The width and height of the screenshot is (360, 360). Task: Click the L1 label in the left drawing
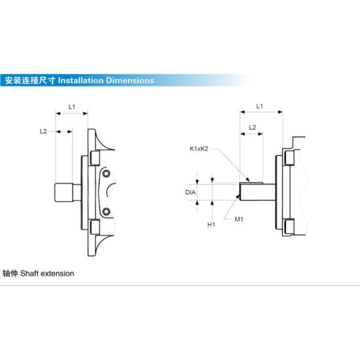click(x=71, y=106)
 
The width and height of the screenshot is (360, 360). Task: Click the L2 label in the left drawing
click(x=43, y=130)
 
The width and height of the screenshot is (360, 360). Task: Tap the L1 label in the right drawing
click(x=260, y=106)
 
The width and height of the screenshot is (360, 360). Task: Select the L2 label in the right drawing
click(x=253, y=127)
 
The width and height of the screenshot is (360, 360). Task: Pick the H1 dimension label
click(x=211, y=224)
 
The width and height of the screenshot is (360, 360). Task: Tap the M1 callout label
click(x=238, y=220)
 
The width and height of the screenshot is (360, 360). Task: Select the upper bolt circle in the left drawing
click(x=106, y=174)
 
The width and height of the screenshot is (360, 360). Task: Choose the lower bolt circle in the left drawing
click(x=106, y=212)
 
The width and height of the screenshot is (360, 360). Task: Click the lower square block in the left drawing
click(x=94, y=227)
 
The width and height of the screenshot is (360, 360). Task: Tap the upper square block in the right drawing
click(x=289, y=158)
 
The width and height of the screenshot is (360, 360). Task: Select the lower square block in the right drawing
click(x=289, y=226)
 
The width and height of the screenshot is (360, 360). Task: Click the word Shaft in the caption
click(x=29, y=274)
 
